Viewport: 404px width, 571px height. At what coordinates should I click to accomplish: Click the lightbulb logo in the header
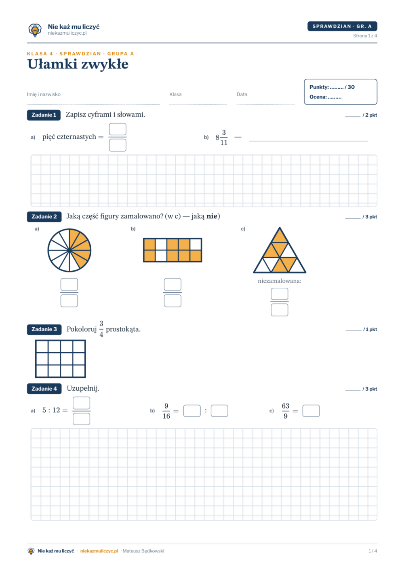(x=35, y=30)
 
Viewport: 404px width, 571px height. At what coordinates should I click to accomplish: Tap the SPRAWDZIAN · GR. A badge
(x=342, y=26)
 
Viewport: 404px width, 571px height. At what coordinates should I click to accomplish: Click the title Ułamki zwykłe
(x=78, y=64)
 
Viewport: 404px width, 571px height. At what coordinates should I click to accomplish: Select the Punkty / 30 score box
(x=341, y=92)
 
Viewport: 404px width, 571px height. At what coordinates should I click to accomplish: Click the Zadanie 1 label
(x=44, y=115)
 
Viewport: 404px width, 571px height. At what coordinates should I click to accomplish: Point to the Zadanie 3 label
(x=44, y=329)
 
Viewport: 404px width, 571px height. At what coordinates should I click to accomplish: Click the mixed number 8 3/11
(x=221, y=138)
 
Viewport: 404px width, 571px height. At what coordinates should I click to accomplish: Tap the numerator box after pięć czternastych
(x=118, y=129)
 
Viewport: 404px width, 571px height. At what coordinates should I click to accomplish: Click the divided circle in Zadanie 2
(x=69, y=250)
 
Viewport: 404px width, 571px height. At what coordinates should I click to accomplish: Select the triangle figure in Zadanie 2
(x=280, y=250)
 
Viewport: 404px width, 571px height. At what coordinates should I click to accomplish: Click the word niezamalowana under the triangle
(x=280, y=281)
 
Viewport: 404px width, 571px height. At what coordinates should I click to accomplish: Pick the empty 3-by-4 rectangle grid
(x=61, y=359)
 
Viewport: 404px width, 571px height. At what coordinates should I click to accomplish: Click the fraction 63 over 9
(x=286, y=411)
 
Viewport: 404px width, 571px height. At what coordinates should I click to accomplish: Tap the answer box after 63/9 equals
(x=311, y=411)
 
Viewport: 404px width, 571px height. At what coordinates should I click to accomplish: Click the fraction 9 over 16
(x=166, y=411)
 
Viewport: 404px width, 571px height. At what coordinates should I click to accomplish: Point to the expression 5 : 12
(x=51, y=410)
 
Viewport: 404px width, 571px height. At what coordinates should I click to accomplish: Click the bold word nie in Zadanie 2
(x=212, y=216)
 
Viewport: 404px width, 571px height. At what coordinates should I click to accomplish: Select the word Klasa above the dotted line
(x=175, y=94)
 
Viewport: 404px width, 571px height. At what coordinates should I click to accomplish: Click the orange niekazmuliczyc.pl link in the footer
(x=99, y=551)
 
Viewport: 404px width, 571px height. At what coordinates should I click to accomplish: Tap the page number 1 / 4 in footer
(x=372, y=551)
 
